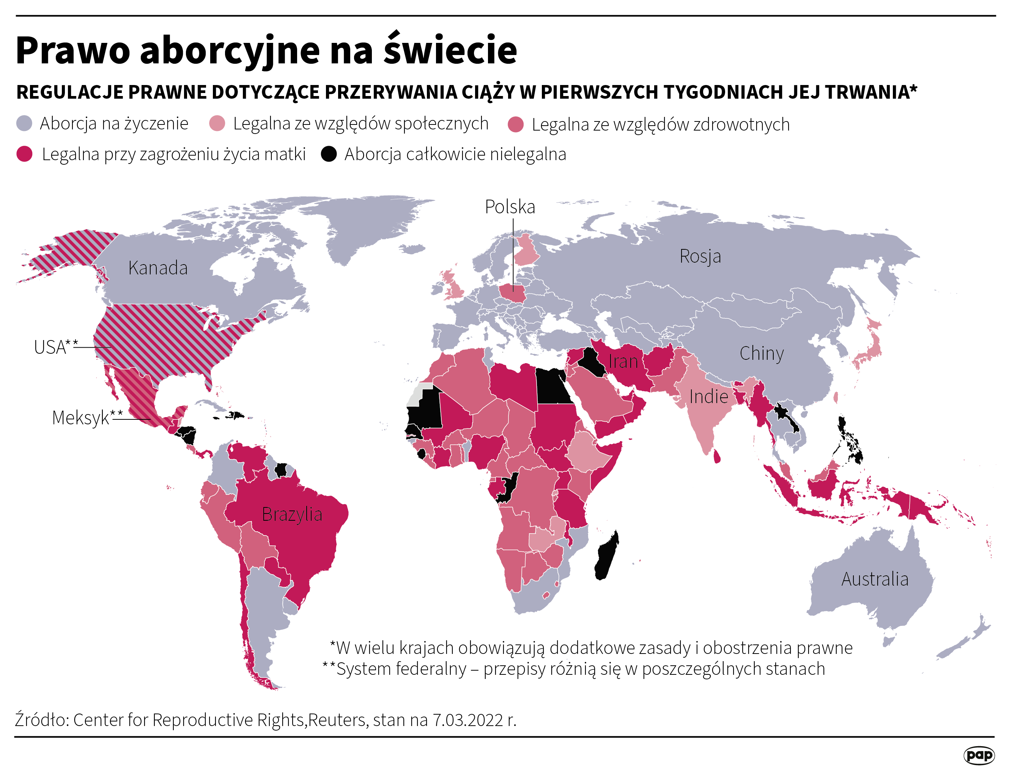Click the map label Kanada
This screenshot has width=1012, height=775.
coord(158,268)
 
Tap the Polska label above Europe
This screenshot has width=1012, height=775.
coord(510,207)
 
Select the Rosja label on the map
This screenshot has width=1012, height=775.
coord(700,256)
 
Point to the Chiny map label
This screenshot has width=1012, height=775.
coord(762,353)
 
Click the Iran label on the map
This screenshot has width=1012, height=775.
coord(623,362)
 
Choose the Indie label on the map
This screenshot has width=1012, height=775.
coord(708,397)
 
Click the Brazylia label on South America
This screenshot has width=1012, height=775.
coord(292,514)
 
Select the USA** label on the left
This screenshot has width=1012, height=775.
coord(55,347)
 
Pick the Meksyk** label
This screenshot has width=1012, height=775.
coord(87,418)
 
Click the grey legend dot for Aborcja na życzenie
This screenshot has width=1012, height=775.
coord(24,124)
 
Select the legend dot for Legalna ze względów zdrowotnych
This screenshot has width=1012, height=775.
coord(516,124)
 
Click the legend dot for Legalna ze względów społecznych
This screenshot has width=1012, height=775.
coord(217,124)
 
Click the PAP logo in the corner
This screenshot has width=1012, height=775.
coord(979,755)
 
